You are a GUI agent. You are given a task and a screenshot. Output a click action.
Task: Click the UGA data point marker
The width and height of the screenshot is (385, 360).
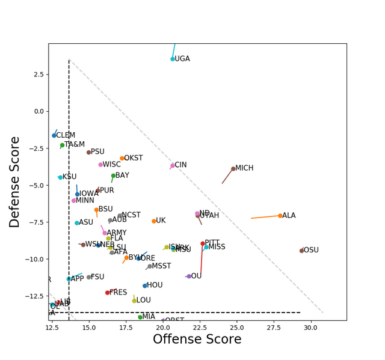point(173,59)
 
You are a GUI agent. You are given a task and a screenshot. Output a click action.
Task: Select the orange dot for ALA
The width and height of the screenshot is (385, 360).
point(280,216)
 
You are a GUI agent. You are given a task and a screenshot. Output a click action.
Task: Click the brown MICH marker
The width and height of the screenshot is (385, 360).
point(233,169)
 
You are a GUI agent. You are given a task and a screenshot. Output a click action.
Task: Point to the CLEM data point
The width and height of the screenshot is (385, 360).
point(54,135)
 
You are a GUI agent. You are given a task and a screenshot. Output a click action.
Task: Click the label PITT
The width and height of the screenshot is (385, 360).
point(212,243)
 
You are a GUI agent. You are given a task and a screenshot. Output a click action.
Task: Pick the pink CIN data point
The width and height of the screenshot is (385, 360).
point(173,165)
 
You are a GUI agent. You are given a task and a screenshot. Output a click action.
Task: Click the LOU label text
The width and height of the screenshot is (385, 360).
point(144,300)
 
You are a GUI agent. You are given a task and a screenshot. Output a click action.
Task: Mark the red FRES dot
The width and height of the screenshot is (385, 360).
point(108,293)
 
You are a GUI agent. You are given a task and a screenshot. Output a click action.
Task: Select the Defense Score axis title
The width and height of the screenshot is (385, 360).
point(16,182)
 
